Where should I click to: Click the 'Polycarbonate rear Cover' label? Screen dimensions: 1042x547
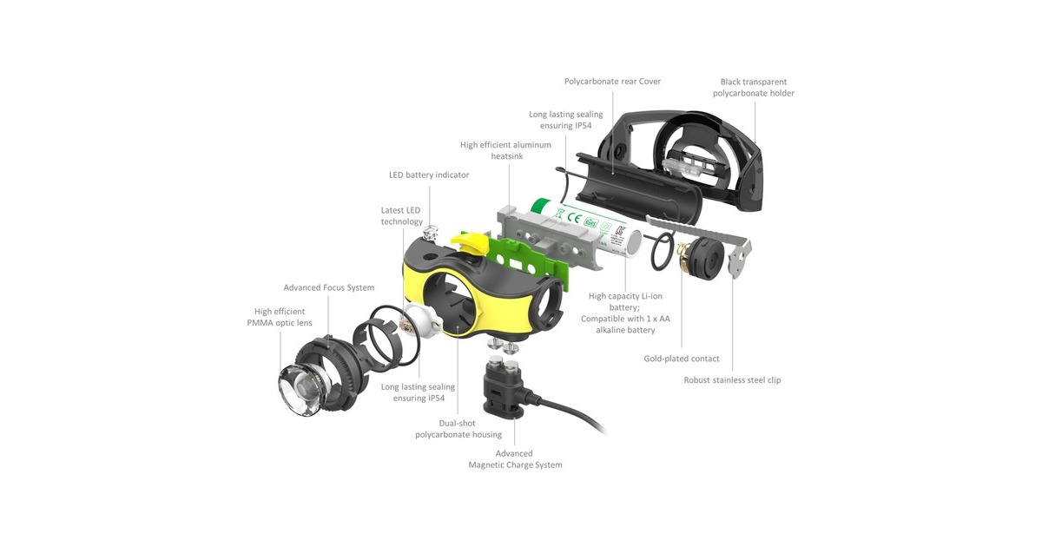point(612,82)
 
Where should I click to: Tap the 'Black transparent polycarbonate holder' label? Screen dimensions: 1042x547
point(754,88)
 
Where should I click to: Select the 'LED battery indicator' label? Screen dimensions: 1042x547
point(429,175)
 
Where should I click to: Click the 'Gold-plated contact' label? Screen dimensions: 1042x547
point(682,359)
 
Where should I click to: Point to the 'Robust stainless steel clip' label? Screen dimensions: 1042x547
point(732,380)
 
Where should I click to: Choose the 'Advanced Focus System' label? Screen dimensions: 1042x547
point(329,288)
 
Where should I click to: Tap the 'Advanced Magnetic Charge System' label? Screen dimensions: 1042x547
point(515,459)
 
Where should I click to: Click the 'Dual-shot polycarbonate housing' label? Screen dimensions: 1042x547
point(458,429)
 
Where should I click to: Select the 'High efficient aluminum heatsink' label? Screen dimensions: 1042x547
point(506,150)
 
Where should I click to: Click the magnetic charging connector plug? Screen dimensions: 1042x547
point(504,389)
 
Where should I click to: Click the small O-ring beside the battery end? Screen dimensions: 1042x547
point(662,252)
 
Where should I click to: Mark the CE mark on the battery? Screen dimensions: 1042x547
point(574,217)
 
